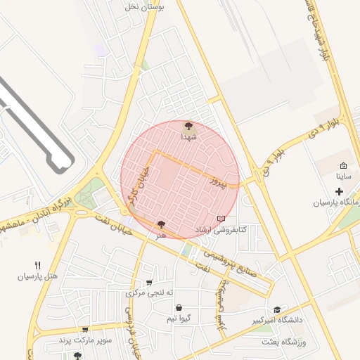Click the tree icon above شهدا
tap(188, 127)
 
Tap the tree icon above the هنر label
tap(162, 224)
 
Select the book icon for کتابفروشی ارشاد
tap(221, 219)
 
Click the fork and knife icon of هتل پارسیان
tap(37, 265)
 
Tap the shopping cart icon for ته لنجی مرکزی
tap(148, 283)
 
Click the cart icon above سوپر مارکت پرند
tap(85, 329)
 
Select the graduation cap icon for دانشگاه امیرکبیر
tap(277, 309)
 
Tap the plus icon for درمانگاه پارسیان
tap(339, 191)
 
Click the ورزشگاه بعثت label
tap(290, 342)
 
